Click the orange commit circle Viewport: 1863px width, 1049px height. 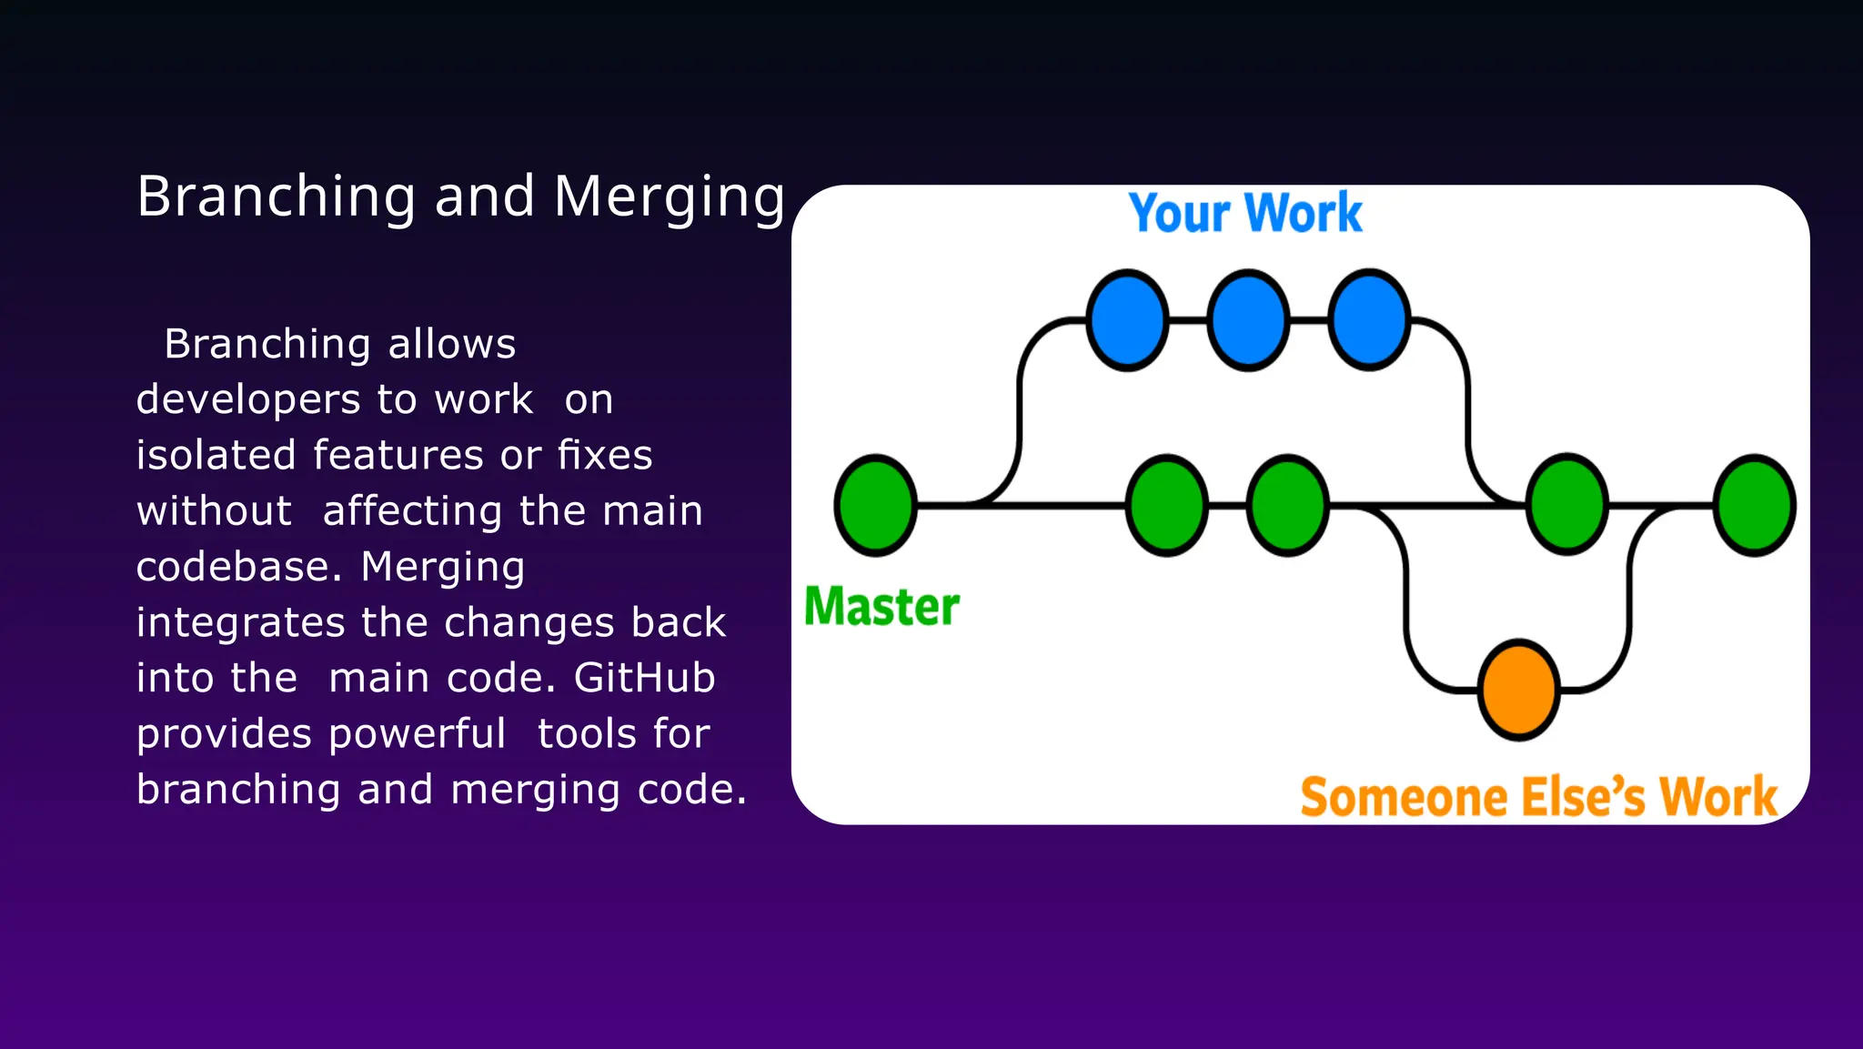tap(1518, 691)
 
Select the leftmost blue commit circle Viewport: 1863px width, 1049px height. tap(1127, 320)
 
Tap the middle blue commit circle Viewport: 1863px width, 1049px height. tap(1248, 320)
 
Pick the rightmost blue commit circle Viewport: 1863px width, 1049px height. tap(1369, 320)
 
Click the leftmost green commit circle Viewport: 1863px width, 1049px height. tap(875, 505)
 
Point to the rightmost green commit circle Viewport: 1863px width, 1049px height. tap(1754, 505)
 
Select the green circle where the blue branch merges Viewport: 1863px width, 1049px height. tap(1567, 504)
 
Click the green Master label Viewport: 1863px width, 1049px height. tap(881, 606)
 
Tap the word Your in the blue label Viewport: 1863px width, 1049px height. tap(1181, 214)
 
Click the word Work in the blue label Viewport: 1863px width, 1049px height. tap(1304, 213)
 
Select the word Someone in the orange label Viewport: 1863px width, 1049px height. tap(1405, 797)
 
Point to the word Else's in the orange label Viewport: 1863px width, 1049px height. tap(1585, 797)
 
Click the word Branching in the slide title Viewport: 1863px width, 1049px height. tap(277, 198)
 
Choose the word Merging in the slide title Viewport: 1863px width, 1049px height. tap(670, 198)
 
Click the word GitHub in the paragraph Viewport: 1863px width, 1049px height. tap(645, 678)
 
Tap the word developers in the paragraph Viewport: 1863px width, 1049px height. tap(248, 400)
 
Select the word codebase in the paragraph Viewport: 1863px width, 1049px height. tap(234, 567)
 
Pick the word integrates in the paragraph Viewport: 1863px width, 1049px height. tap(241, 623)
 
